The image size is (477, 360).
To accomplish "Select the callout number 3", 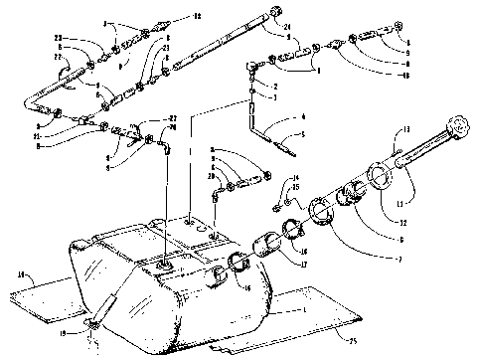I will click(x=260, y=98).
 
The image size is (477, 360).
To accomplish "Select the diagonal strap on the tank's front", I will click(x=104, y=313).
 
